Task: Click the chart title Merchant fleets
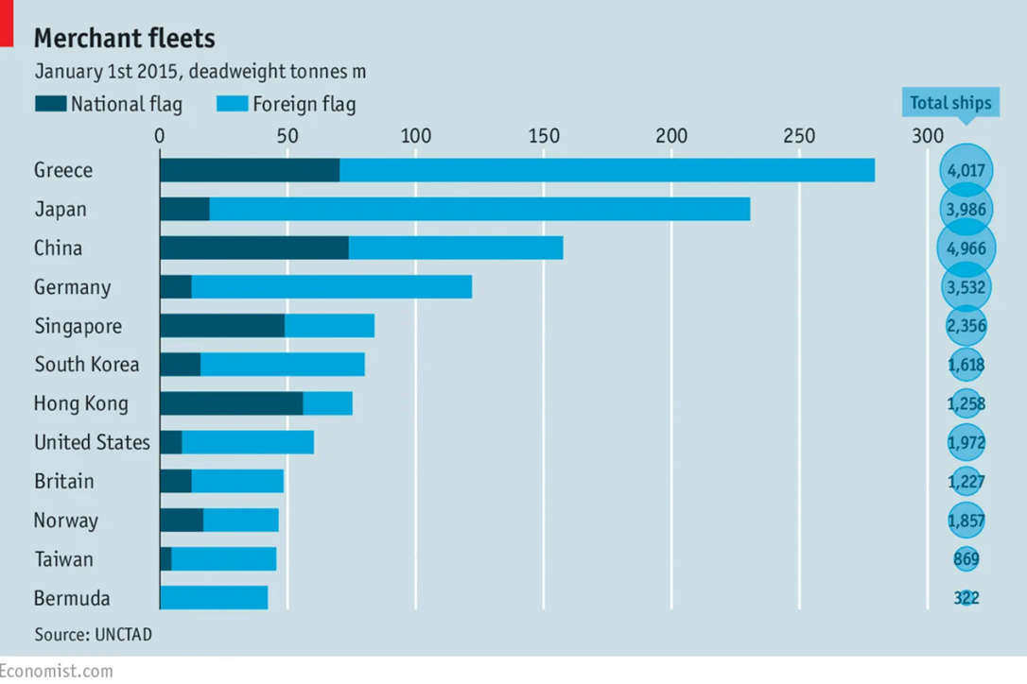[x=125, y=39]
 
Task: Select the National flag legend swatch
[x=50, y=103]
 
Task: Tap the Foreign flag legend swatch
[x=233, y=103]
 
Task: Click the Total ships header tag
[x=950, y=103]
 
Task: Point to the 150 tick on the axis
[x=544, y=136]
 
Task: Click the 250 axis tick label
[x=799, y=136]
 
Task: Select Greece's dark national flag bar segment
[x=250, y=170]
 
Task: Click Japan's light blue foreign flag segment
[x=480, y=209]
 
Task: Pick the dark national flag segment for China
[x=254, y=248]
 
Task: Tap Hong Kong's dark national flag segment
[x=231, y=403]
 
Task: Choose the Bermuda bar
[x=214, y=598]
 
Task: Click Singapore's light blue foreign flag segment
[x=329, y=326]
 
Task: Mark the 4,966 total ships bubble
[x=966, y=248]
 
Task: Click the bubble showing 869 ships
[x=966, y=559]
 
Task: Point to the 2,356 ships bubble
[x=966, y=326]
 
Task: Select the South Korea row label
[x=87, y=365]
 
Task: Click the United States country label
[x=93, y=442]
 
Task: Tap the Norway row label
[x=66, y=521]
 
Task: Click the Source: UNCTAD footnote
[x=93, y=634]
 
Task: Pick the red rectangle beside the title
[x=7, y=24]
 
